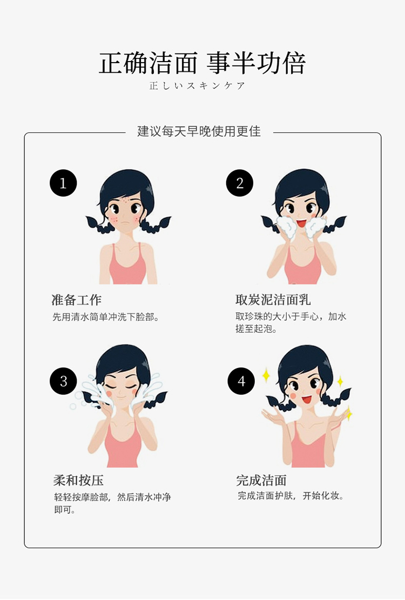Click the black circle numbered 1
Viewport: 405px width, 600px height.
click(63, 183)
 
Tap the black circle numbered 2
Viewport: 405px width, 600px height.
click(239, 183)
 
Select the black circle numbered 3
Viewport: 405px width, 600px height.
click(63, 381)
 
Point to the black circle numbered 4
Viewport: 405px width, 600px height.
click(241, 381)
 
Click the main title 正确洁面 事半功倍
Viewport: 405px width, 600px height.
click(202, 63)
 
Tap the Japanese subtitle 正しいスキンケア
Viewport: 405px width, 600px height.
click(197, 86)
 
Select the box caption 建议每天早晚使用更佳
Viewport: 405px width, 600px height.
click(199, 131)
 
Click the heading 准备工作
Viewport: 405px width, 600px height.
click(77, 300)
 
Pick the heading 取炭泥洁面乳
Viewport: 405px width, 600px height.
click(273, 299)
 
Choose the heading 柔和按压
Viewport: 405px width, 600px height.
click(78, 480)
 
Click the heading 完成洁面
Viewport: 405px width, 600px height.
click(261, 480)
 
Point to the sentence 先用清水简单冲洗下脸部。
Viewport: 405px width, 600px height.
click(106, 317)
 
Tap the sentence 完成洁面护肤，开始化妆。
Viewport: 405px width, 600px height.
click(291, 496)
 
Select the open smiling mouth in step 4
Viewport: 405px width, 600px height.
click(306, 400)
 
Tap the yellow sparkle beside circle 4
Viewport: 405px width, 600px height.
click(266, 375)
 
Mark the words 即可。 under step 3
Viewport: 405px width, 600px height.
click(65, 510)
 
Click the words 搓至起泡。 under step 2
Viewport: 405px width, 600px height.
click(255, 329)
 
